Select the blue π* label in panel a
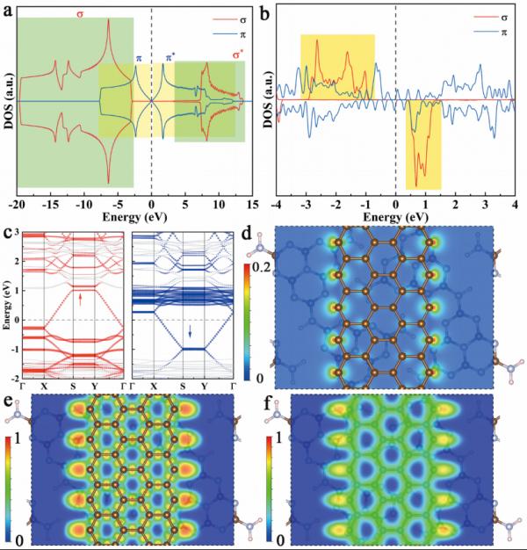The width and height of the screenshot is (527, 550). click(x=170, y=58)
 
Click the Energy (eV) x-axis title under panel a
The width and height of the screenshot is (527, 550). click(x=134, y=213)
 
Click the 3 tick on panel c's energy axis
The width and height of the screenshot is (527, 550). click(x=17, y=229)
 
